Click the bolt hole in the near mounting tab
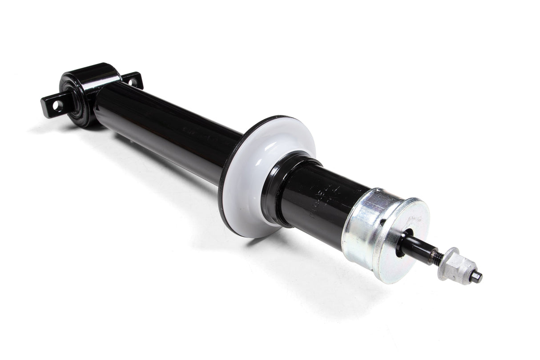coord(56,105)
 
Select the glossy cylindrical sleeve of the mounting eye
coord(96,77)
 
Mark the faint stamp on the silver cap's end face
coord(415,219)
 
